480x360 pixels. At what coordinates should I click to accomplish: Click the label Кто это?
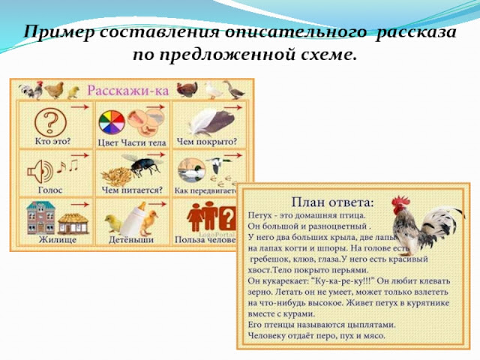53,141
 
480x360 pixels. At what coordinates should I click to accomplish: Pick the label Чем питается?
132,190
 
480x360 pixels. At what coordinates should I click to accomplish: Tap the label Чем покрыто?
206,141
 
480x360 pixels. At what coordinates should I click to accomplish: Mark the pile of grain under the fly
118,178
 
